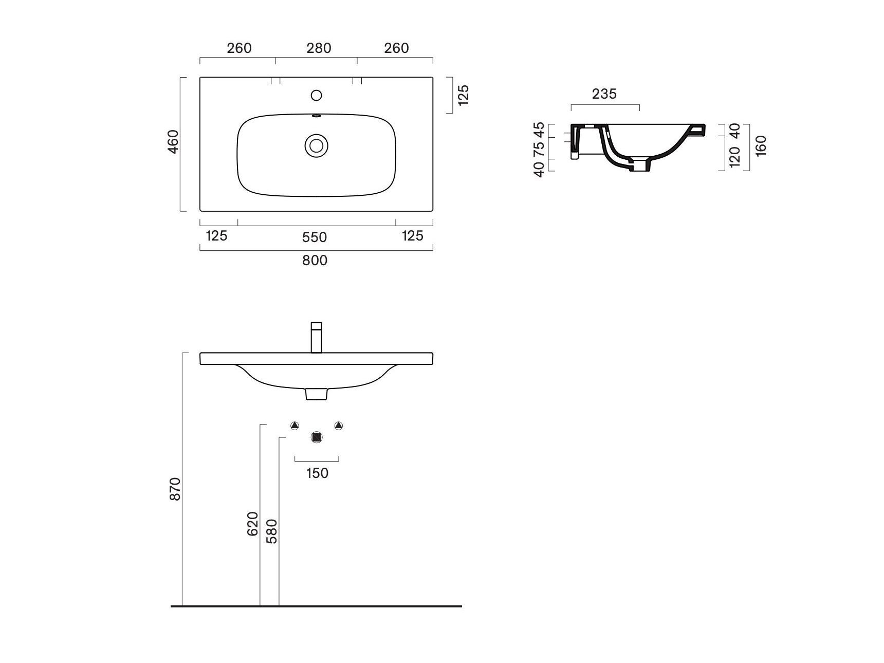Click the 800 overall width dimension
click(315, 261)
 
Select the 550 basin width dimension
click(315, 237)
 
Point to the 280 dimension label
click(319, 48)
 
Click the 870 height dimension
click(175, 489)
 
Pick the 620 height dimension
click(253, 524)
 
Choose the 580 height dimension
click(272, 531)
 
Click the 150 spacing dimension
click(317, 473)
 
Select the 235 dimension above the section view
click(604, 94)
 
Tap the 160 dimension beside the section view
click(762, 145)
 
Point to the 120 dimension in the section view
click(735, 157)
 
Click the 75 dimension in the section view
click(539, 149)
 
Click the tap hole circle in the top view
click(317, 95)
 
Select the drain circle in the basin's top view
click(317, 145)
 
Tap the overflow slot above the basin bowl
click(317, 116)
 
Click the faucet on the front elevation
click(317, 338)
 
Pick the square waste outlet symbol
click(317, 437)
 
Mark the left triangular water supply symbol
click(294, 426)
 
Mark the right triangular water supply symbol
click(338, 426)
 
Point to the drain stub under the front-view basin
click(317, 394)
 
